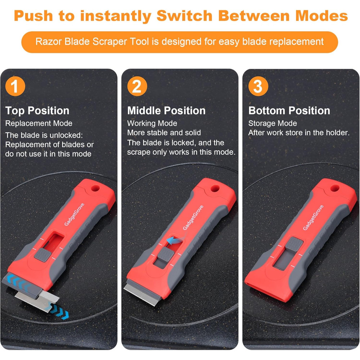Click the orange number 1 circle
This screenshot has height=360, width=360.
[15, 87]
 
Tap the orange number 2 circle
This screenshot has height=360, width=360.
[137, 87]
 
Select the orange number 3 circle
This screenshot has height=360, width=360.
[258, 87]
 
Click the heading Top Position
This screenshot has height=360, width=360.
[37, 111]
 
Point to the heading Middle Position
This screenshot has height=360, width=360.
[166, 111]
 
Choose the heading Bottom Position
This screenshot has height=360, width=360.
[289, 111]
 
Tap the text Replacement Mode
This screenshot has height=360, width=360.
[39, 123]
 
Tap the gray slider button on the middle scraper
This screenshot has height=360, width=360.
[165, 254]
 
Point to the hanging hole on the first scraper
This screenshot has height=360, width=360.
[95, 188]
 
